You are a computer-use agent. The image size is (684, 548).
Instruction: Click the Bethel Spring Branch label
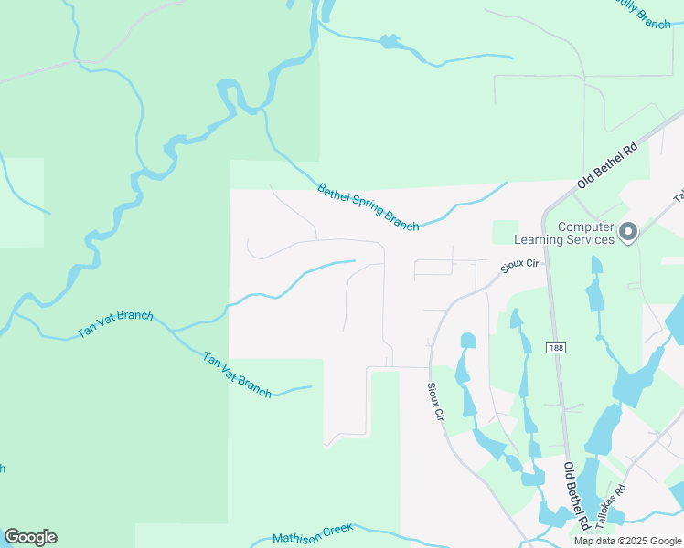pos(368,207)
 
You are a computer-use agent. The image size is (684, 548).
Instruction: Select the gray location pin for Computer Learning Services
pos(627,233)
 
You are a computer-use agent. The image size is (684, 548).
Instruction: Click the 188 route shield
pos(556,348)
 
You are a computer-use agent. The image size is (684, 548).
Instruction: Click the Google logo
pos(30,537)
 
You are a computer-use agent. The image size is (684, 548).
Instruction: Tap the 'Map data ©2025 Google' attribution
pos(627,541)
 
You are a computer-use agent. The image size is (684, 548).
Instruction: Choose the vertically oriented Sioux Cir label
pos(436,400)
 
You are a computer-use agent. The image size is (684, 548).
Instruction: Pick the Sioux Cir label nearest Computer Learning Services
pos(521,266)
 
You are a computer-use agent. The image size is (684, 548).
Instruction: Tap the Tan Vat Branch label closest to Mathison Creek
pos(237,374)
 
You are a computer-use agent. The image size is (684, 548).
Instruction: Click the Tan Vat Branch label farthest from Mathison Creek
pos(114,324)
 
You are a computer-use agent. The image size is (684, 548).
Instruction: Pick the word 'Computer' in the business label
pos(586,227)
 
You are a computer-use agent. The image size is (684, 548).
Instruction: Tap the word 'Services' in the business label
pos(591,240)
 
